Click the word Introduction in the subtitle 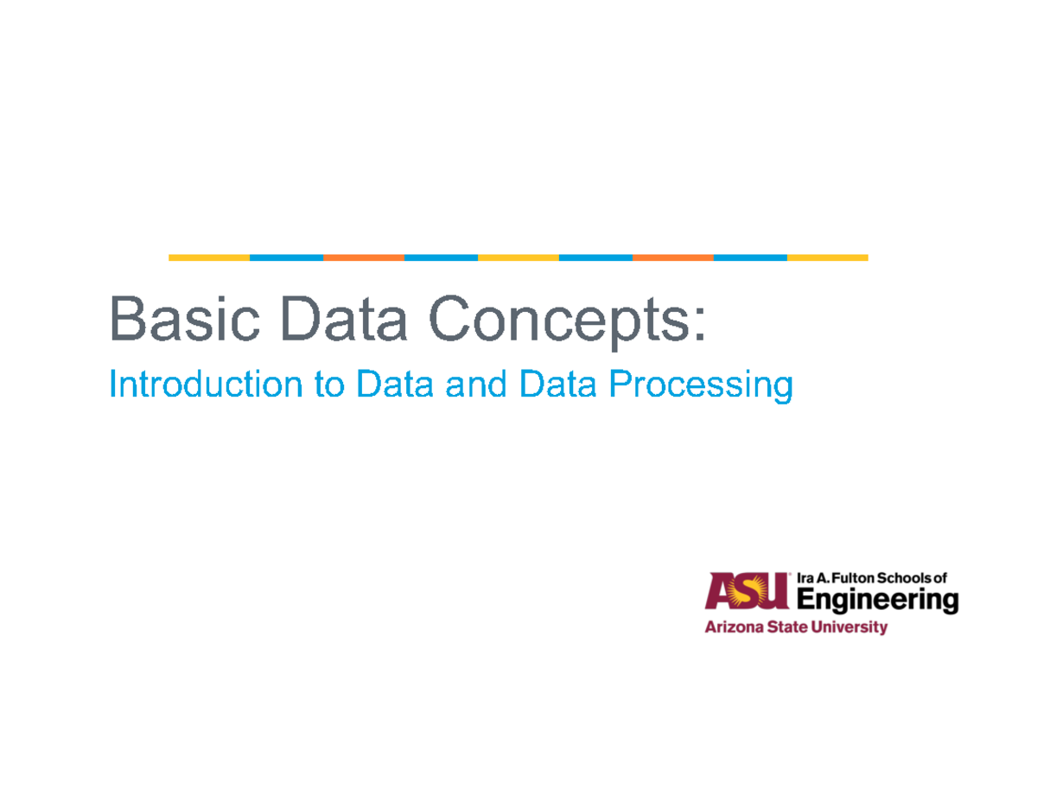pyautogui.click(x=204, y=385)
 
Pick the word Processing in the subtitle pyautogui.click(x=700, y=387)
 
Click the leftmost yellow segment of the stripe pyautogui.click(x=208, y=257)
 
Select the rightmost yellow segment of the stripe pyautogui.click(x=827, y=257)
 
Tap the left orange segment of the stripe pyautogui.click(x=363, y=257)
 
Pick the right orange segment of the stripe pyautogui.click(x=672, y=257)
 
